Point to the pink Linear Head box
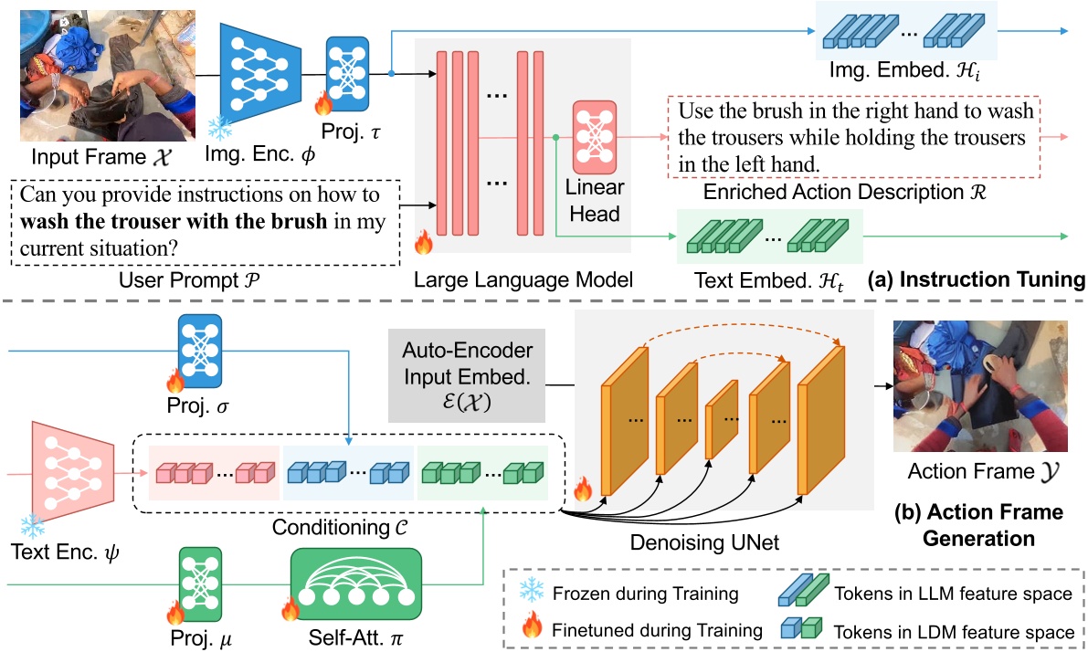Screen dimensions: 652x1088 point(595,137)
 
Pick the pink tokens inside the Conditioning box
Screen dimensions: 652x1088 point(215,472)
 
